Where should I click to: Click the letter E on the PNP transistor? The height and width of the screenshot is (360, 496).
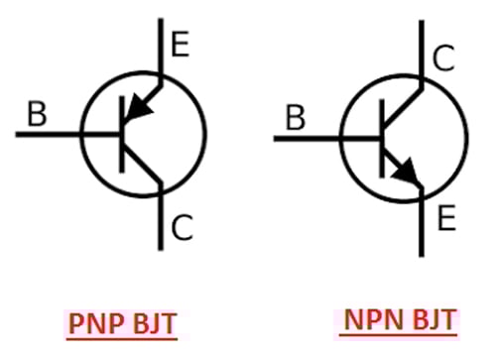point(181,44)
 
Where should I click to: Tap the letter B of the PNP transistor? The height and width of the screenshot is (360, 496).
point(37,114)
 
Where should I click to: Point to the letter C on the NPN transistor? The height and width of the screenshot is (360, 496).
point(443,59)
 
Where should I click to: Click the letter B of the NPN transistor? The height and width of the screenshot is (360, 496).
point(294,120)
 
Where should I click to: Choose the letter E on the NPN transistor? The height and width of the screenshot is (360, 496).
point(445,215)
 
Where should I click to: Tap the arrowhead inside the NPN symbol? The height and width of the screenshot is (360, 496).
point(408,176)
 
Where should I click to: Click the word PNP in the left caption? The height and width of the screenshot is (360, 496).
point(95,324)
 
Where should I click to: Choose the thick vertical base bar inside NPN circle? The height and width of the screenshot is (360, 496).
point(382,138)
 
